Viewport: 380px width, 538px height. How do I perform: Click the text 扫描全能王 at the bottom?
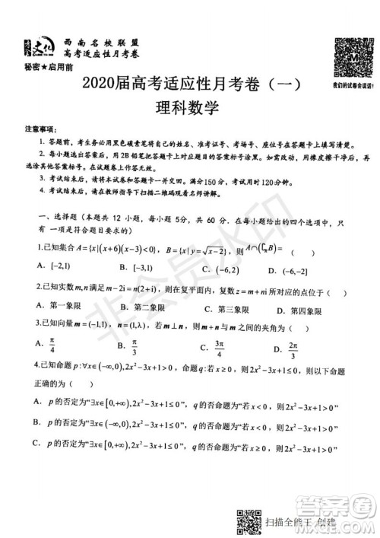(298, 520)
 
